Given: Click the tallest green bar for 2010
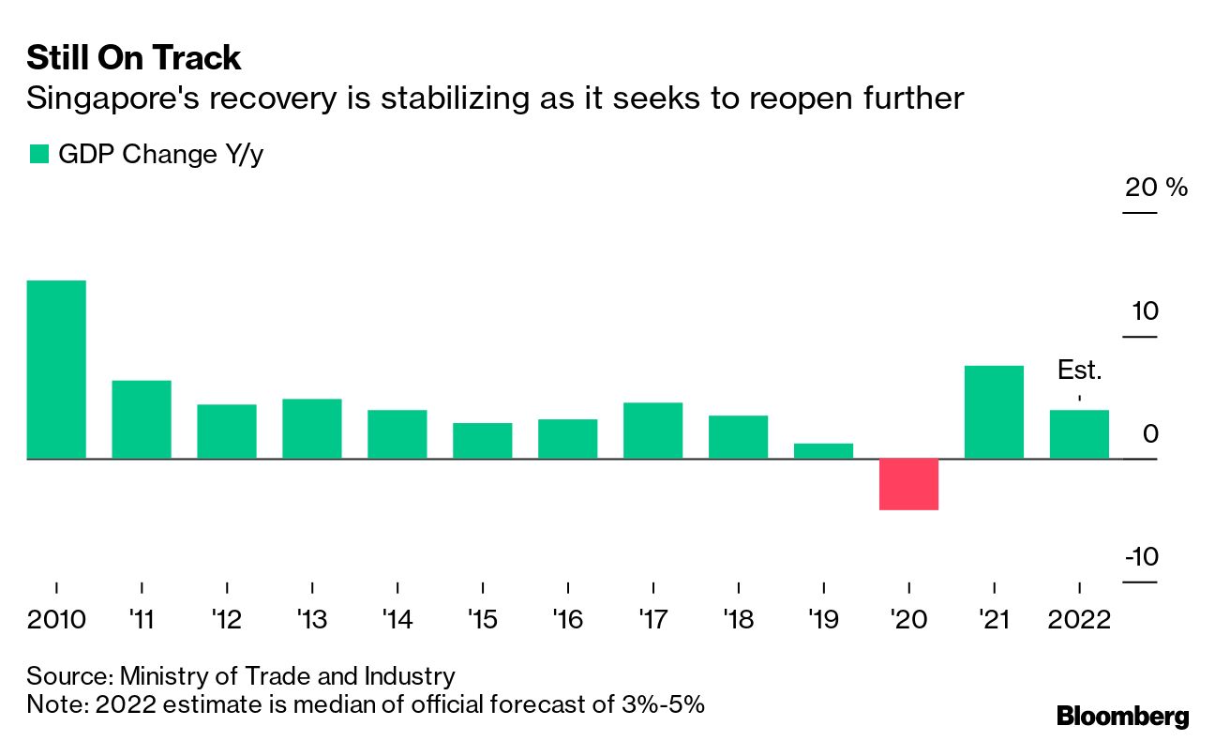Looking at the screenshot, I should pos(56,370).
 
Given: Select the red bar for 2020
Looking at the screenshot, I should pos(908,484).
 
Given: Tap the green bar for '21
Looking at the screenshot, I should pos(994,412).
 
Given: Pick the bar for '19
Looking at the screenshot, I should pos(823,451).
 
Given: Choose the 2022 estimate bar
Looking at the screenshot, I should pos(1079,434).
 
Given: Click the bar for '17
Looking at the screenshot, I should pos(652,431).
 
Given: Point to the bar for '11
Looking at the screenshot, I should pos(142,419).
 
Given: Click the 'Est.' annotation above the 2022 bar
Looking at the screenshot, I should pos(1079,370).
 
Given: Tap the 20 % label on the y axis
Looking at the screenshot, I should pos(1156,188).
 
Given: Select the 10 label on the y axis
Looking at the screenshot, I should pos(1143,310).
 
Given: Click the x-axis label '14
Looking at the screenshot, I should pos(397,620).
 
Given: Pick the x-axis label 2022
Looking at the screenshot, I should pos(1079,620).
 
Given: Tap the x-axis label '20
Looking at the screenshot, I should pos(908,620).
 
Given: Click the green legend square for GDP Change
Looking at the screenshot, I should pos(38,155).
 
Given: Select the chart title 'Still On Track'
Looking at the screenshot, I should pos(134,58).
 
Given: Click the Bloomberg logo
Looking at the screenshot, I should pos(1122,717).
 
